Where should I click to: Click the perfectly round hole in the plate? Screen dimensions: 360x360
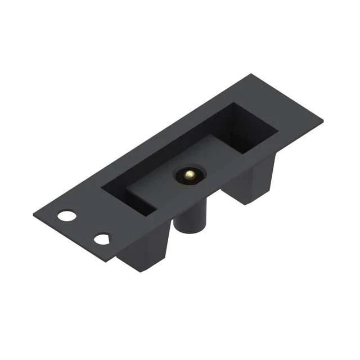click(x=66, y=215)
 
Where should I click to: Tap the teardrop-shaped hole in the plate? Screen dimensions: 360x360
click(x=102, y=239)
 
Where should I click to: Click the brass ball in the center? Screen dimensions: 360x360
click(x=190, y=175)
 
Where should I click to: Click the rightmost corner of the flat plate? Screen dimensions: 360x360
click(x=323, y=119)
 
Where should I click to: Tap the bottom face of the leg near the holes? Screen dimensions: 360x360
click(x=141, y=268)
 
